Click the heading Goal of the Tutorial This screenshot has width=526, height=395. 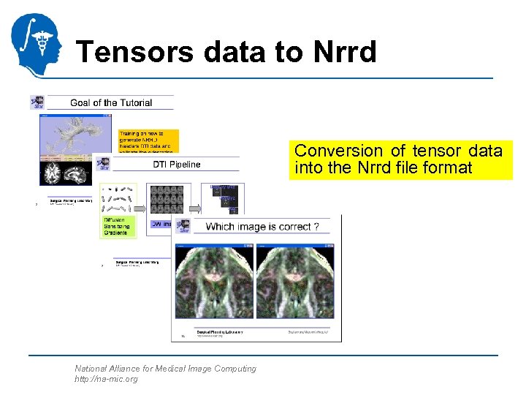pyautogui.click(x=111, y=102)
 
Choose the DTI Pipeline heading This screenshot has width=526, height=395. pyautogui.click(x=176, y=164)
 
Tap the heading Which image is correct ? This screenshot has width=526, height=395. pyautogui.click(x=262, y=227)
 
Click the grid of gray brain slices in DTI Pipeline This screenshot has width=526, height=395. pyautogui.click(x=169, y=198)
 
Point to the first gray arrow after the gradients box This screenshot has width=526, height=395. pyautogui.click(x=141, y=199)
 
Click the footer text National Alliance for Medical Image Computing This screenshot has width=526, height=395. pyautogui.click(x=165, y=369)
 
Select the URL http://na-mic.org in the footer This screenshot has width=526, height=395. pyautogui.click(x=106, y=379)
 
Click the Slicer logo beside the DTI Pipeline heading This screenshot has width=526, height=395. pyautogui.click(x=103, y=164)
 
